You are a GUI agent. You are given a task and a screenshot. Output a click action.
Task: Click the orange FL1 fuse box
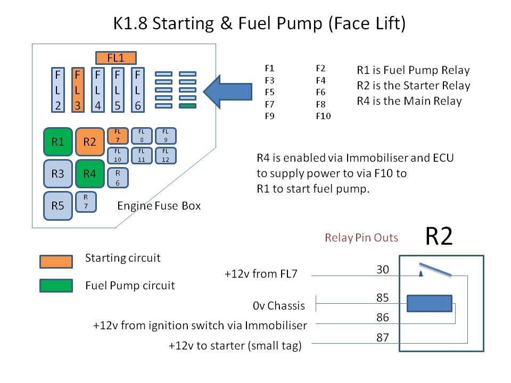[x=116, y=58]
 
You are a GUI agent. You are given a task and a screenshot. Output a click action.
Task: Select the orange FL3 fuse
[x=78, y=90]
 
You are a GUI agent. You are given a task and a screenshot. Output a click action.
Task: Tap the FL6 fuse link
[x=137, y=90]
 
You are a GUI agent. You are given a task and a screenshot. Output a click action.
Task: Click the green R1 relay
[x=58, y=141]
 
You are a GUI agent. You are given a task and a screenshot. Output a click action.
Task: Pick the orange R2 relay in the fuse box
[x=90, y=141]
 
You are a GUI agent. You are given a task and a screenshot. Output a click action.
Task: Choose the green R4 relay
[x=90, y=173]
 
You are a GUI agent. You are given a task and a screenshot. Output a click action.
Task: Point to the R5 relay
[x=58, y=206]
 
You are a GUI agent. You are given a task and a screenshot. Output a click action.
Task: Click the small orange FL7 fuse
[x=118, y=136]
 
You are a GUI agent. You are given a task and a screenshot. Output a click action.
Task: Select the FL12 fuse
[x=166, y=155]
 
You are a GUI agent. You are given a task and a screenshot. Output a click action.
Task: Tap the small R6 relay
[x=118, y=178]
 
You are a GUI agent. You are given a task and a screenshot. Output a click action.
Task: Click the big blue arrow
[x=227, y=91]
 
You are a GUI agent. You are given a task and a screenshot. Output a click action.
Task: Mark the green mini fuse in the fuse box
[x=188, y=106]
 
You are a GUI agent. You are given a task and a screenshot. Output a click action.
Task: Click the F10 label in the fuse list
[x=323, y=116]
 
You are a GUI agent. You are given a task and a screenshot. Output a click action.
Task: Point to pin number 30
[x=383, y=269]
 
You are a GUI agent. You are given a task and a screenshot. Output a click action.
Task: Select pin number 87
[x=383, y=337]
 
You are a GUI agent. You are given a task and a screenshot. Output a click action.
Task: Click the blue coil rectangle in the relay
[x=430, y=304]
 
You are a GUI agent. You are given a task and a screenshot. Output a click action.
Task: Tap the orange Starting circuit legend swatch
[x=56, y=262]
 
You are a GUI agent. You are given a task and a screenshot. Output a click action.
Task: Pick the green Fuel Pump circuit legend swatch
[x=56, y=286]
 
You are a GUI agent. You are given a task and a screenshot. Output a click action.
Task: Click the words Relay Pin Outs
[x=361, y=238]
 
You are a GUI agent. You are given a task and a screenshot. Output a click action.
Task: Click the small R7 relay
[x=86, y=202]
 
